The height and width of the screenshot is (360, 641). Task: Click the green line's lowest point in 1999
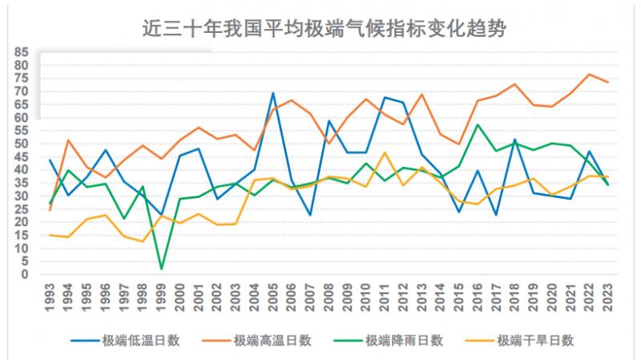[x=162, y=269]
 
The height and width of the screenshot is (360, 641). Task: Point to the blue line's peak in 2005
[x=273, y=93]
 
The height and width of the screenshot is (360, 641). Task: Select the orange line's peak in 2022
[x=588, y=75]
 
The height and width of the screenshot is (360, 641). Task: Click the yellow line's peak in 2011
[x=385, y=152]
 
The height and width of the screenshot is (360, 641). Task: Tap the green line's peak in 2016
[x=478, y=124]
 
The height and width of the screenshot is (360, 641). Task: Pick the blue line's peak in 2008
[x=329, y=121]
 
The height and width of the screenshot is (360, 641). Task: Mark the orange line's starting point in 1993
[x=50, y=210]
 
